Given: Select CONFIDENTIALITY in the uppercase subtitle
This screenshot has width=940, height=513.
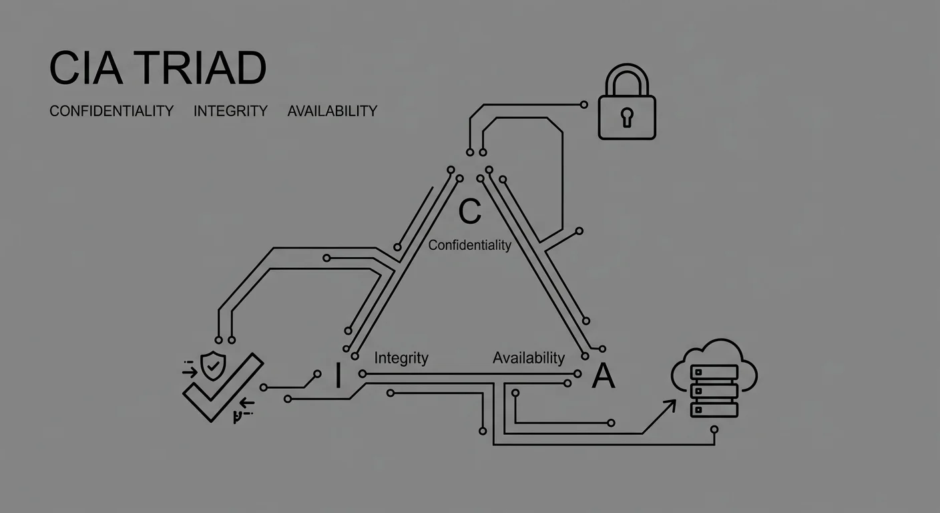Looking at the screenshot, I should [x=111, y=111].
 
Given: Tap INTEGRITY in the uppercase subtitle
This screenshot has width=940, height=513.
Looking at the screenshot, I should [x=230, y=111].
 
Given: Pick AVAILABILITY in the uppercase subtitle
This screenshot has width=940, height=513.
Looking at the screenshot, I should [x=332, y=111].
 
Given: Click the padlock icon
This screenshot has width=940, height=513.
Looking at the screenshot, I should [x=626, y=107].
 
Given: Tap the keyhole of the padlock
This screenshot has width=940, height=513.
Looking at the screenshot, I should [x=626, y=117].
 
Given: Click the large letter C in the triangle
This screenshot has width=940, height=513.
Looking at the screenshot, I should [x=469, y=211].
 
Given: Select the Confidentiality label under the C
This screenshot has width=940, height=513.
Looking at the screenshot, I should [x=469, y=245].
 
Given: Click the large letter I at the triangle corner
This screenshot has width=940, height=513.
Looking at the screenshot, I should [x=338, y=376].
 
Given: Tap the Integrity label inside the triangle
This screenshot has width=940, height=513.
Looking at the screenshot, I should [x=401, y=358].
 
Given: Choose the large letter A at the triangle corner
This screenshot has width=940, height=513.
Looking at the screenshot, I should [x=603, y=377].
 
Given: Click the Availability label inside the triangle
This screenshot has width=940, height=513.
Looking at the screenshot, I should [x=528, y=358].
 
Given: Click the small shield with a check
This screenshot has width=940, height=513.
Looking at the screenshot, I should [x=214, y=366].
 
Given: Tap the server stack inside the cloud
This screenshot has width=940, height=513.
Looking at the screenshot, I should [x=714, y=391].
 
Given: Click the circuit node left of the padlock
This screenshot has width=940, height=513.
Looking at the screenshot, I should [x=584, y=105].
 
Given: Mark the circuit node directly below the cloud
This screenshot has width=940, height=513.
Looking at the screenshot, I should [x=714, y=430].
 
